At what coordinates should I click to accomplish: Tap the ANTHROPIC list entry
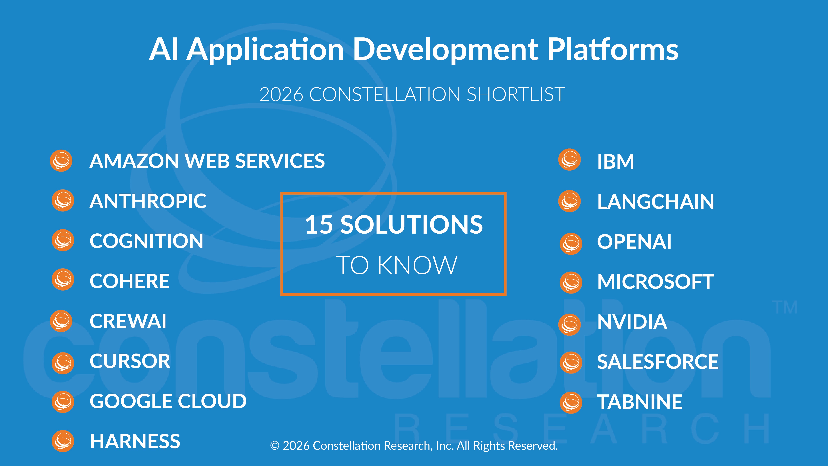(x=148, y=201)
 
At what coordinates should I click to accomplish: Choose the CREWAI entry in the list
(x=128, y=321)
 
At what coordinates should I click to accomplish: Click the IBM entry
(x=616, y=162)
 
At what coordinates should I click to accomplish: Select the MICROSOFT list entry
(x=655, y=282)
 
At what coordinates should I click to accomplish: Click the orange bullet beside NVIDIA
(x=570, y=325)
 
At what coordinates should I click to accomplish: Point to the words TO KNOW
(x=397, y=265)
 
